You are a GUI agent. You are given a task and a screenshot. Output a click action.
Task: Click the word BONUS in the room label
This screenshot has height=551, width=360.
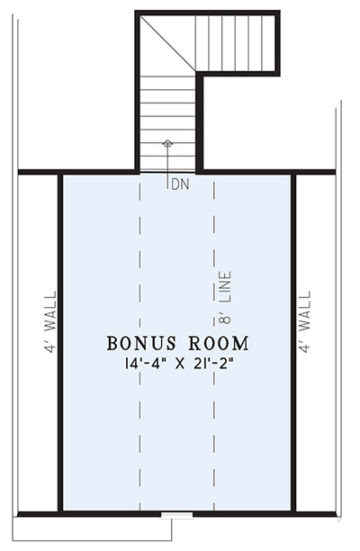click(141, 343)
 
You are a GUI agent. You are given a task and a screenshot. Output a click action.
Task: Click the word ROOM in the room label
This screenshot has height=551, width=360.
click(219, 343)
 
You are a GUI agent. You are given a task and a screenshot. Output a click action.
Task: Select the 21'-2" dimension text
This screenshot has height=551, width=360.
click(214, 364)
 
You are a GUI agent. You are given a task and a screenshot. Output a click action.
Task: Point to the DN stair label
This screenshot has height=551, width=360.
click(180, 185)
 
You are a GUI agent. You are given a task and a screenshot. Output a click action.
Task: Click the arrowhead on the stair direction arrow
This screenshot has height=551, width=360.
click(167, 142)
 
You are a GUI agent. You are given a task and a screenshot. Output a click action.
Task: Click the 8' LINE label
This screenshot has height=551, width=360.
click(225, 297)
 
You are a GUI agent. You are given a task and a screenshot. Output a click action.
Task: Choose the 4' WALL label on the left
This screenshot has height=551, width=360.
click(49, 321)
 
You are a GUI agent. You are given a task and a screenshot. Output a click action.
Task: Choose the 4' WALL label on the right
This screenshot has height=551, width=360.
click(305, 321)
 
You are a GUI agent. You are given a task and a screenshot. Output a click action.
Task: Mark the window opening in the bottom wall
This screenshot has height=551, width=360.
click(176, 515)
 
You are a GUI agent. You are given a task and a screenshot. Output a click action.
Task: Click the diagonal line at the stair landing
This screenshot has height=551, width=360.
click(167, 43)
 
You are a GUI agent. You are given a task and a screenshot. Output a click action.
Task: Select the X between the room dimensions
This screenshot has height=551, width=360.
click(180, 364)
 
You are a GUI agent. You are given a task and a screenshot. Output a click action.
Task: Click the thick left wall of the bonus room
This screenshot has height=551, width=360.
click(60, 343)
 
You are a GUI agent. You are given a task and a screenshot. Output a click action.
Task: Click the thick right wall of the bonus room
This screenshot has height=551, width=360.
click(293, 343)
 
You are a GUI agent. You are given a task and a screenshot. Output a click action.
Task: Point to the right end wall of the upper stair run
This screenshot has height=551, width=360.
click(277, 43)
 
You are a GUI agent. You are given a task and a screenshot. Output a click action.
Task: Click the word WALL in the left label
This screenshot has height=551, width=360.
click(49, 311)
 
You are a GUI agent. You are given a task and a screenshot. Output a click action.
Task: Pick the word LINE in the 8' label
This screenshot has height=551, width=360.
click(225, 286)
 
